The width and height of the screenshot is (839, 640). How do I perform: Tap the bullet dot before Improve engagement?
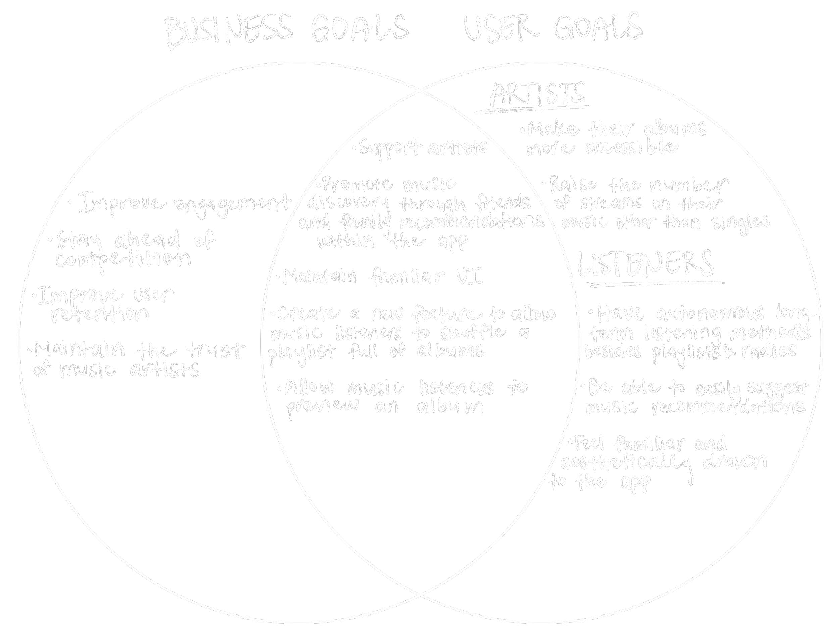tap(71, 202)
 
